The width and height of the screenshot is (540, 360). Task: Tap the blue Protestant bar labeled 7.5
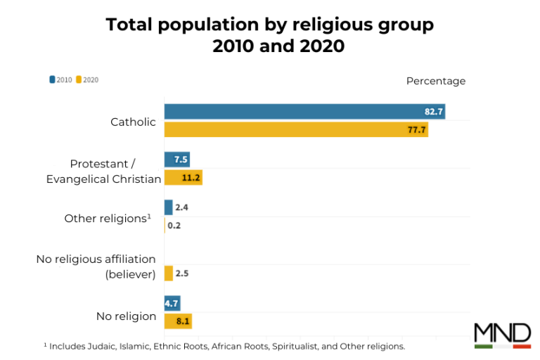pos(176,160)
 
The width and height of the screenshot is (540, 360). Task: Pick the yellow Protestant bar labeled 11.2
pos(183,178)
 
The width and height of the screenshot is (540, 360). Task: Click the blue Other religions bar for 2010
pos(168,207)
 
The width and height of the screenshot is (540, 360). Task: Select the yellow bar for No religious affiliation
pos(168,274)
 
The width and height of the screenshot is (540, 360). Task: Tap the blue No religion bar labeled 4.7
pos(172,304)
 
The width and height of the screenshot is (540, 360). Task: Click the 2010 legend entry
pos(61,79)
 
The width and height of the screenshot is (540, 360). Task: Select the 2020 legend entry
pos(87,79)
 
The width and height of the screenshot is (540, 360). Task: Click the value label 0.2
pos(174,226)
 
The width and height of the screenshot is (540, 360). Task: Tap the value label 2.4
pos(181,207)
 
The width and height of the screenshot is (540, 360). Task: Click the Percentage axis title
pos(435,81)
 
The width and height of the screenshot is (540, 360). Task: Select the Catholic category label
pos(133,122)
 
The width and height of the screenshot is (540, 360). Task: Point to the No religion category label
pos(126,316)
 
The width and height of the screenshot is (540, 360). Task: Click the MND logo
pos(502,335)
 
